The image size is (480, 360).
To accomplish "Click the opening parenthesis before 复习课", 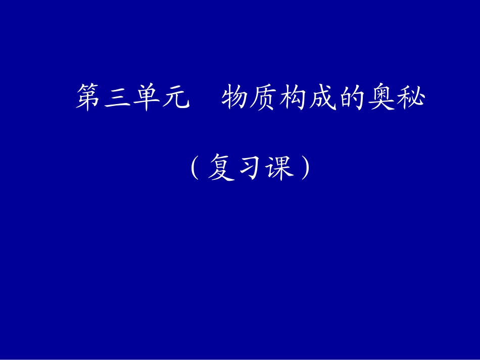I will click(194, 168).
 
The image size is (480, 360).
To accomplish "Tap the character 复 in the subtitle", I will click(221, 168).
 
